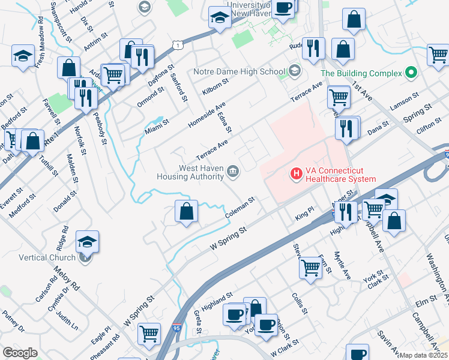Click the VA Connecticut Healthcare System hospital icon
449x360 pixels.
point(296,174)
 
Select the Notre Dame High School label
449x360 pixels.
point(239,71)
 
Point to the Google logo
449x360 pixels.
point(20,353)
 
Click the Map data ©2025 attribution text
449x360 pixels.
point(424,355)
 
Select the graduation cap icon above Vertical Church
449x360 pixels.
point(88,241)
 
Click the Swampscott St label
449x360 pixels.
point(61,21)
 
